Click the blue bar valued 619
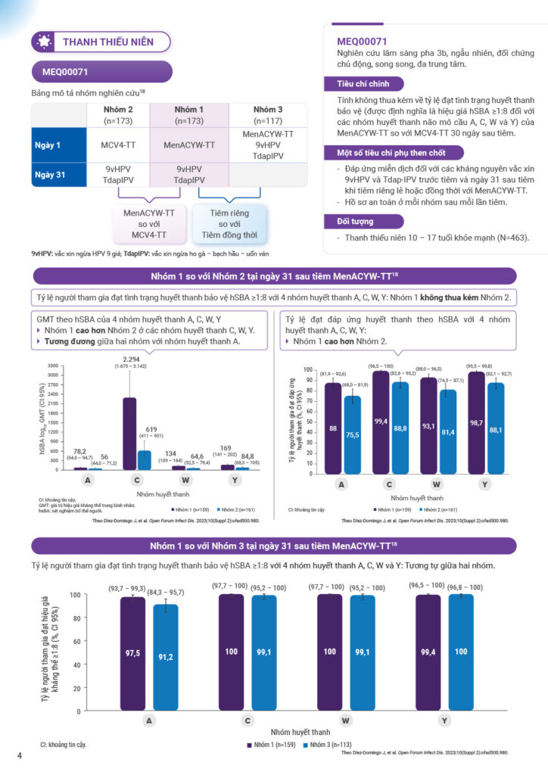(x=143, y=459)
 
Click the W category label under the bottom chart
(x=345, y=721)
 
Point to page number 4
(x=20, y=756)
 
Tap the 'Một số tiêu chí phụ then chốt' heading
(x=386, y=152)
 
